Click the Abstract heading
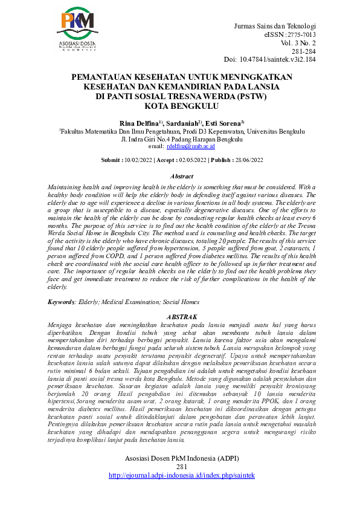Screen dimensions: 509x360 [181, 176]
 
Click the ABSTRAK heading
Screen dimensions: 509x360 [181, 317]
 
